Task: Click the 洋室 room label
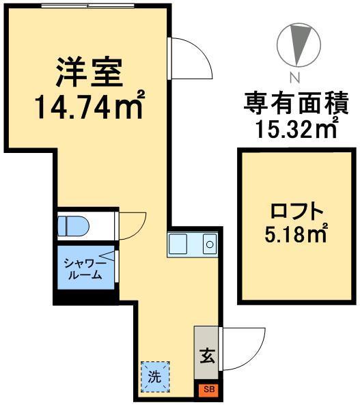[89, 70]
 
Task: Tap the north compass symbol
[298, 44]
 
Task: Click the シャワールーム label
[84, 269]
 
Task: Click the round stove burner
[210, 243]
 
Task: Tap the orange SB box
[208, 389]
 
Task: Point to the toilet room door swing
[132, 225]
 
